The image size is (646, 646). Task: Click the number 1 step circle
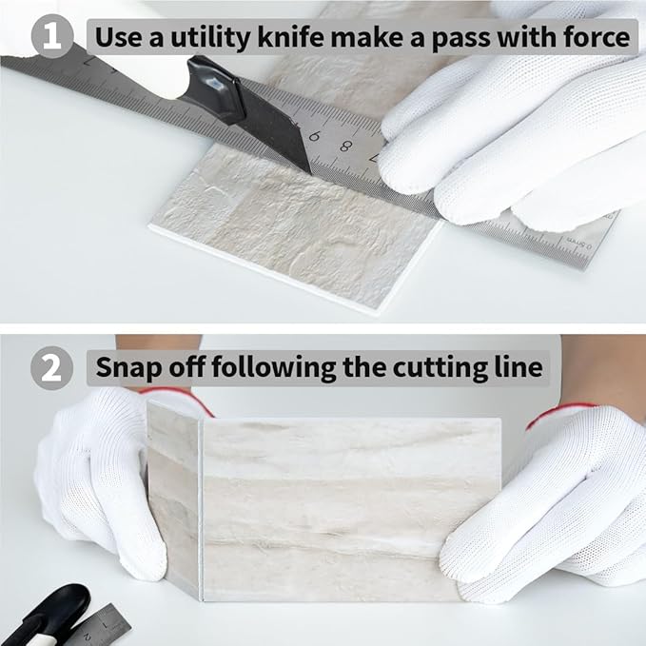pyautogui.click(x=52, y=36)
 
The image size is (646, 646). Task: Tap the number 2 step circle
pyautogui.click(x=51, y=368)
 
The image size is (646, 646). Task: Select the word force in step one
pyautogui.click(x=597, y=37)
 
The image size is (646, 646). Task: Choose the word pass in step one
pyautogui.click(x=459, y=39)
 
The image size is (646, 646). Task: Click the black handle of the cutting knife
pyautogui.click(x=214, y=88)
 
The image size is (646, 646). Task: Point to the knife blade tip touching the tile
pyautogui.click(x=309, y=171)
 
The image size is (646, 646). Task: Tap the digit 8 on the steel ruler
pyautogui.click(x=345, y=146)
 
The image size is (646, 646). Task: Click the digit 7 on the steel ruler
pyautogui.click(x=88, y=63)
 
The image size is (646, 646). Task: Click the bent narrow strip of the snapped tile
pyautogui.click(x=174, y=500)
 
